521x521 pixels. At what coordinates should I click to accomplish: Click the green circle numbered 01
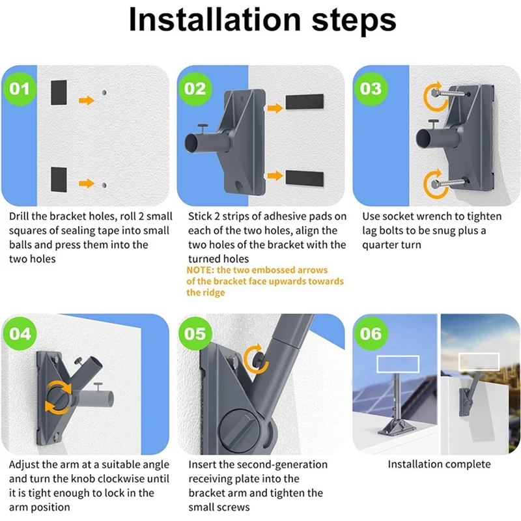click(20, 89)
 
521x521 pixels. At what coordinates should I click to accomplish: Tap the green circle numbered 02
click(195, 89)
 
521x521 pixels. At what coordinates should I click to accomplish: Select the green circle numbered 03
click(371, 89)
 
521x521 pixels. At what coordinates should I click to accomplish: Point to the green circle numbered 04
click(20, 333)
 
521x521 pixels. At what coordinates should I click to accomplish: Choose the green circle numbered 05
click(195, 333)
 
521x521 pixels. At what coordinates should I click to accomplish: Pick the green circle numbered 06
click(371, 333)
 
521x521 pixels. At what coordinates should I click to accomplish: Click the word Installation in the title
click(215, 20)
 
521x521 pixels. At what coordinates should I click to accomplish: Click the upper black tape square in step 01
click(59, 92)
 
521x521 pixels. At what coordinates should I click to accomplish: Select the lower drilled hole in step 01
click(104, 185)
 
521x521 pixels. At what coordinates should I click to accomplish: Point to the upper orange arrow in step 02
click(275, 108)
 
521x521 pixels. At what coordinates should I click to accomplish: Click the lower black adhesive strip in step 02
click(305, 178)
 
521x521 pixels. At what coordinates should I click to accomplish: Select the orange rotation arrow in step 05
click(255, 359)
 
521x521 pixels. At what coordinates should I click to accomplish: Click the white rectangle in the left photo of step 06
click(398, 364)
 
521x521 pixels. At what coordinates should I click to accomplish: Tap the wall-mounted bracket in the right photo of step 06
click(467, 397)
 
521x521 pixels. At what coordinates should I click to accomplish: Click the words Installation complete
click(439, 464)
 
